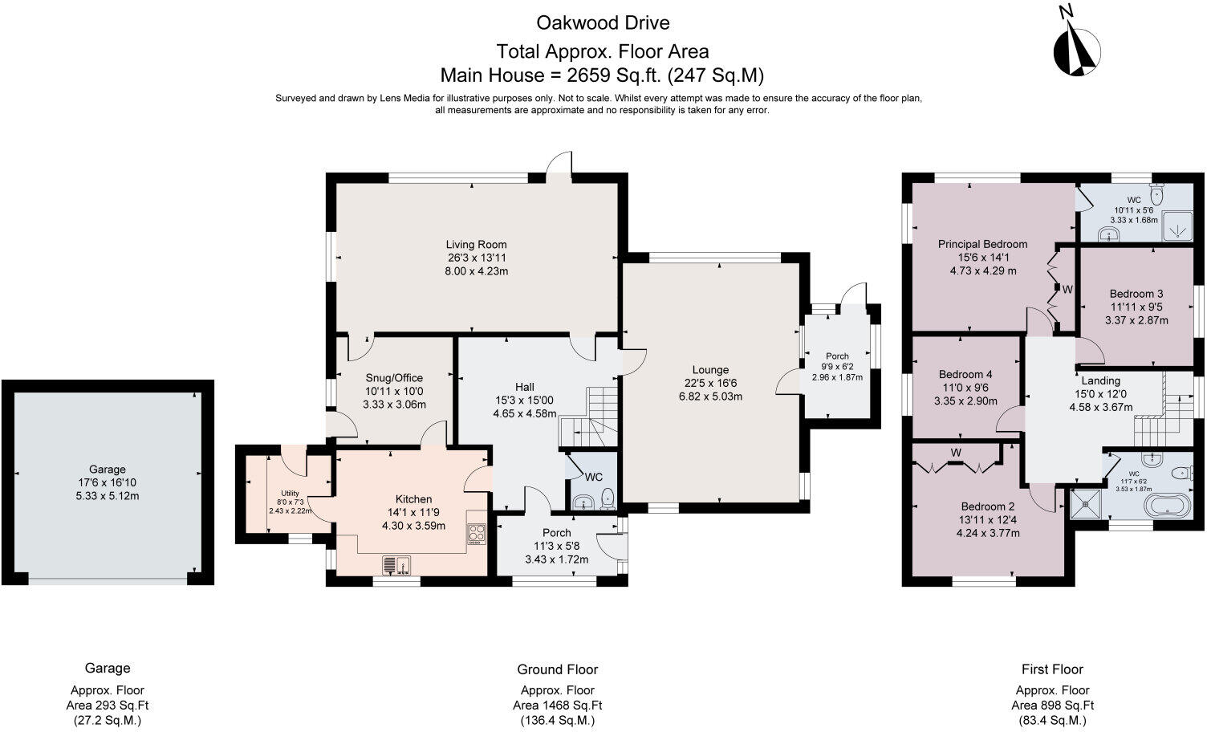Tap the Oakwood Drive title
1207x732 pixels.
[x=602, y=22]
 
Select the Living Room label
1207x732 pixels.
[x=476, y=245]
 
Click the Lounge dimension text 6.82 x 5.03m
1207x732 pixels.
[x=710, y=396]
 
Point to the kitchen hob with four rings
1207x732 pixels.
[x=477, y=534]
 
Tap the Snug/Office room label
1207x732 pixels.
[x=394, y=378]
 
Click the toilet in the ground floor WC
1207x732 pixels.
[x=608, y=498]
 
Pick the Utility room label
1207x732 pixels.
[x=290, y=493]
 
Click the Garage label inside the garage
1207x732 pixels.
[x=107, y=470]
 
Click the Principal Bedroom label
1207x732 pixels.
[x=982, y=244]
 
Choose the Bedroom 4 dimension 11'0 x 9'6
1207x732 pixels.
[x=965, y=388]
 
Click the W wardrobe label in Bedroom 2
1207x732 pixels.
[x=956, y=453]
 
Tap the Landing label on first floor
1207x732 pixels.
[x=1100, y=380]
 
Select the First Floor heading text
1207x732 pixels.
[x=1052, y=669]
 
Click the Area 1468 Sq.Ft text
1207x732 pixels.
[x=557, y=706]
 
